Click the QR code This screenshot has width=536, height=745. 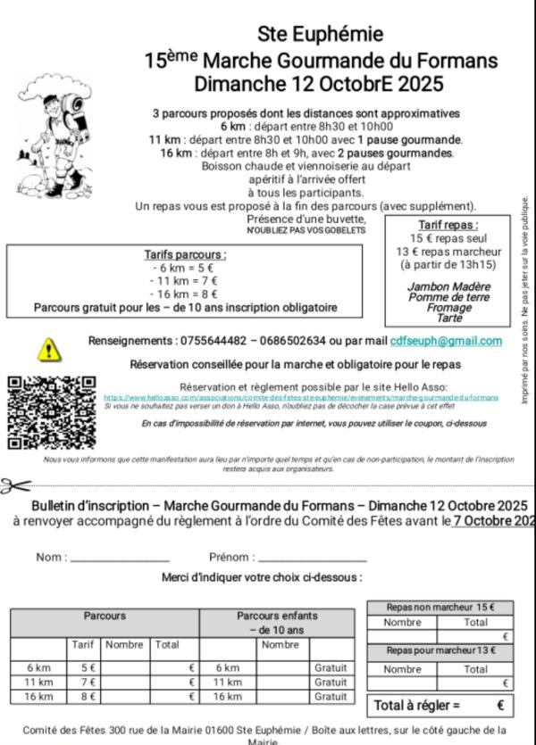[x=51, y=412]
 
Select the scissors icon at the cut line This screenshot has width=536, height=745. [x=15, y=486]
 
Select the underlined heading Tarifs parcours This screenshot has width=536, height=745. [x=185, y=254]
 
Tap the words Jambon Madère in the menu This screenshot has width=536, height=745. [x=448, y=286]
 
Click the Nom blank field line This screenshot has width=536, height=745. [x=120, y=559]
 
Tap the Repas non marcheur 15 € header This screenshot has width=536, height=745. [x=440, y=608]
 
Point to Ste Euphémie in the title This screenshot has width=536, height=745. [x=321, y=34]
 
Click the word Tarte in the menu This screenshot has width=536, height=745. [x=450, y=317]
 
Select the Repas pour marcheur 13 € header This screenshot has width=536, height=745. [x=440, y=651]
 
